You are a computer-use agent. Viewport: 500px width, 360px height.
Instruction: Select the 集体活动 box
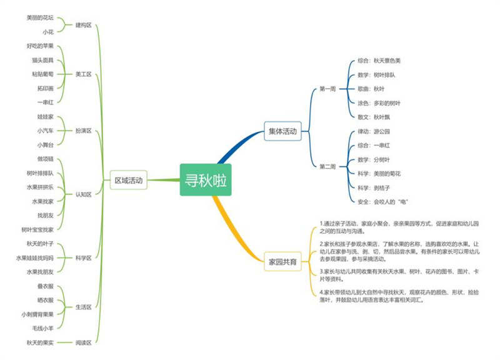point(282,132)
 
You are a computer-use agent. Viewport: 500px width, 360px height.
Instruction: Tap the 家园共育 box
point(282,262)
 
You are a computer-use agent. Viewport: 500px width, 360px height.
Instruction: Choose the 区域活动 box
point(129,181)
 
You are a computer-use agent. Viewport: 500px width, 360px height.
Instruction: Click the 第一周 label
point(327,89)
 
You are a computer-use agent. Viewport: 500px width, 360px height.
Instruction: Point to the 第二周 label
point(327,167)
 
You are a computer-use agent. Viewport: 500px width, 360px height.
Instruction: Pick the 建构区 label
point(83,26)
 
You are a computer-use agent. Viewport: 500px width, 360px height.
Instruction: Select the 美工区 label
point(83,74)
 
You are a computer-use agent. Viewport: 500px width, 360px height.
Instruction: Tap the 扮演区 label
point(83,131)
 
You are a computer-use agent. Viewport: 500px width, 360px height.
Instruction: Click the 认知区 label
point(83,194)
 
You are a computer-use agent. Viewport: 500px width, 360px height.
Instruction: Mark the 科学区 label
point(83,257)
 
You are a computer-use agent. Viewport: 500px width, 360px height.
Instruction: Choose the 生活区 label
point(83,307)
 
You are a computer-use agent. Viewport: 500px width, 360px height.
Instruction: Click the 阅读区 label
point(83,342)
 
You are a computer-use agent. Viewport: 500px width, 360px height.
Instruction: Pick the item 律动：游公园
point(374,131)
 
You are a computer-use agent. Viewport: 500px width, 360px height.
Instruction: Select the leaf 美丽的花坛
point(40,18)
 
